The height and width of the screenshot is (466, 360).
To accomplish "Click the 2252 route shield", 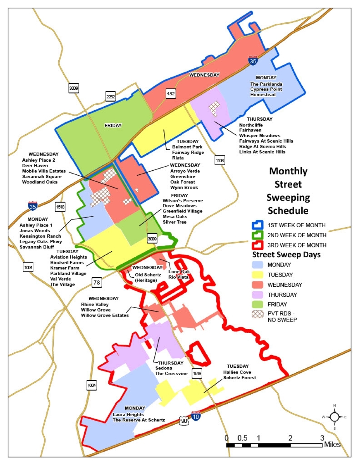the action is pyautogui.click(x=110, y=96).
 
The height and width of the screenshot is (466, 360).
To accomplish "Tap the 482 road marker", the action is pyautogui.click(x=170, y=94).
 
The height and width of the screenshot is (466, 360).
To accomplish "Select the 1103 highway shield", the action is pyautogui.click(x=220, y=161).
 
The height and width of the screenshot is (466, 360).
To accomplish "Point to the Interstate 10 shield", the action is pyautogui.click(x=196, y=416).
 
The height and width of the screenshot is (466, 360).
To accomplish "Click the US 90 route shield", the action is pyautogui.click(x=184, y=420).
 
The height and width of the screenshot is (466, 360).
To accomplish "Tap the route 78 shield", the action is pyautogui.click(x=96, y=282).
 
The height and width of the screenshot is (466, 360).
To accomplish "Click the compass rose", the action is pyautogui.click(x=334, y=417).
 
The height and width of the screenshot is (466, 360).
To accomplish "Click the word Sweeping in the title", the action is pyautogui.click(x=288, y=198).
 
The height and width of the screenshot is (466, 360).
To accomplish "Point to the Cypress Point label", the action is pyautogui.click(x=266, y=89).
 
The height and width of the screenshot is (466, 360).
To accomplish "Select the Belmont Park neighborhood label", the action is pyautogui.click(x=187, y=147).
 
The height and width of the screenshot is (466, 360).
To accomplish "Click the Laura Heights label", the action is pyautogui.click(x=128, y=415).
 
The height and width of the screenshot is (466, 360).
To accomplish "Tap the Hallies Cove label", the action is pyautogui.click(x=237, y=372).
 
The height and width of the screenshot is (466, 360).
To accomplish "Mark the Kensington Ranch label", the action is pyautogui.click(x=40, y=236).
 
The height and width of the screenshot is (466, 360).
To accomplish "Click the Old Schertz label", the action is pyautogui.click(x=148, y=275).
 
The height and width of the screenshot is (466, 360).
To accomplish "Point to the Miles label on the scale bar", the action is pyautogui.click(x=332, y=445).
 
